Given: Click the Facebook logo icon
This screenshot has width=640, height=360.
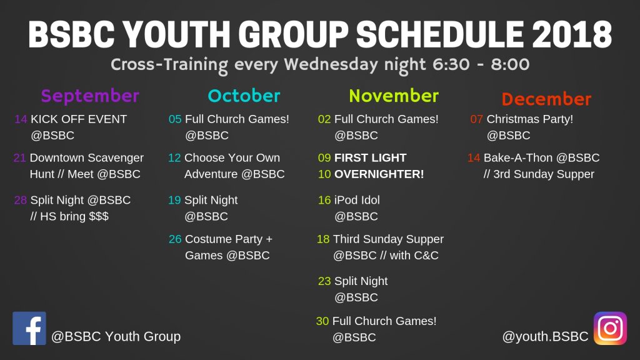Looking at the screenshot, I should coord(29,328).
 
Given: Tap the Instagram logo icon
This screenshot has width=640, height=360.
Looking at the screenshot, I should coord(610,328).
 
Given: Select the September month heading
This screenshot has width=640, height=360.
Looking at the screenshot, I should coord(90,96).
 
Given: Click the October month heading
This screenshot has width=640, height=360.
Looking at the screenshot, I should coord(244,96).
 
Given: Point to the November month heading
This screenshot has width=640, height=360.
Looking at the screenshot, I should coord(394,96).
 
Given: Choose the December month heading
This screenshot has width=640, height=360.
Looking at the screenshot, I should coord(546,99).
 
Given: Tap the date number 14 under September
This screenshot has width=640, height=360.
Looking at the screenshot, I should coord(21,119).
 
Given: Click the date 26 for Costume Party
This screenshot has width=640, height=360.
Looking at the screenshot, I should coord(175,239).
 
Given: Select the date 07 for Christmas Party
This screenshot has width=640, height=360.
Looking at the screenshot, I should coord(476,119).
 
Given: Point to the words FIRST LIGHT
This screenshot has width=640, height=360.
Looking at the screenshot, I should coord(370,158).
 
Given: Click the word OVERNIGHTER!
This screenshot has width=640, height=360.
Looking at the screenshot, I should coord(379,174).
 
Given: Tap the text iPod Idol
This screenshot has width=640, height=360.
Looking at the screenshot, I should coord(357,201).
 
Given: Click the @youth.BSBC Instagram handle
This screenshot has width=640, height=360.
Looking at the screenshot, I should coord(545,337).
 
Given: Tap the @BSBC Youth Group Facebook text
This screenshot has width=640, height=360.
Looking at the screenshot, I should coord(116,337).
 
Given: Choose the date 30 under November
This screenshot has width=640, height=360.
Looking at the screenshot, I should coord(322,321).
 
